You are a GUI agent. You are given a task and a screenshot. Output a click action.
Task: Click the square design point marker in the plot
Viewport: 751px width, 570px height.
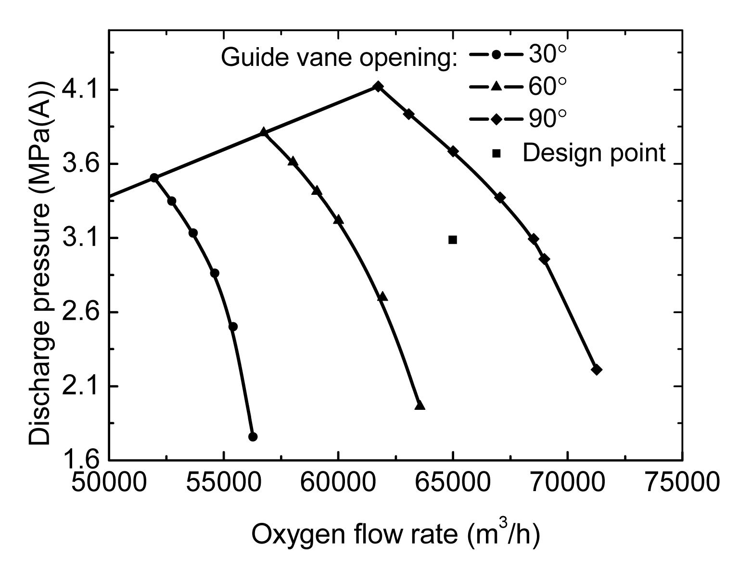click(x=452, y=240)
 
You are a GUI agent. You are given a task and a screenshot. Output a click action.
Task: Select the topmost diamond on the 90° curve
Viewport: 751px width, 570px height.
click(x=378, y=86)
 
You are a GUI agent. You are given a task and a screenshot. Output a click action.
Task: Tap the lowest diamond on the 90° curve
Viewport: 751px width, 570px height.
click(x=597, y=369)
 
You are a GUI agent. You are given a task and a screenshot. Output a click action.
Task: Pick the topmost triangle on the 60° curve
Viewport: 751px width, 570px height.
click(x=263, y=132)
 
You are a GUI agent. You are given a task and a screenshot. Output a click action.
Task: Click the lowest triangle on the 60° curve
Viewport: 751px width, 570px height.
click(x=420, y=405)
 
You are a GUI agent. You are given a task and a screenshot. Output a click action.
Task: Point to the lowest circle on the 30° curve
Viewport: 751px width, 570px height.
click(x=253, y=436)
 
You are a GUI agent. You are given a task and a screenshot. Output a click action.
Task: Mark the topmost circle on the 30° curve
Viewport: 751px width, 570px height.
click(x=154, y=177)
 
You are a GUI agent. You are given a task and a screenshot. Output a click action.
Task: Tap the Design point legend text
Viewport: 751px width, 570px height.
click(x=594, y=153)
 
